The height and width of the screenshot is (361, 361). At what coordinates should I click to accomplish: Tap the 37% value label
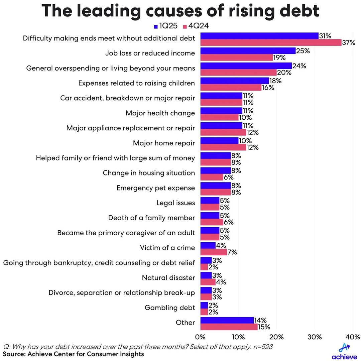(x=348, y=42)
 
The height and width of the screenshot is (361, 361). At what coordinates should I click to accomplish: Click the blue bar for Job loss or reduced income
(x=248, y=51)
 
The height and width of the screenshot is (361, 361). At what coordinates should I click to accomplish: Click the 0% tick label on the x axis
(x=200, y=336)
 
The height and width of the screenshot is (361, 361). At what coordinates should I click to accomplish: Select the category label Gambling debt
(x=170, y=308)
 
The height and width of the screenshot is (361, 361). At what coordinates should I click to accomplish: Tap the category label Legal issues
(x=175, y=203)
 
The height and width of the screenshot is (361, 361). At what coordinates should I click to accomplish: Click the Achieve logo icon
(x=344, y=347)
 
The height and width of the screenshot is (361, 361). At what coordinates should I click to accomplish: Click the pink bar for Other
(x=229, y=327)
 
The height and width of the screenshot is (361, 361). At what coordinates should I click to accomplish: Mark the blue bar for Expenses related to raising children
(x=234, y=81)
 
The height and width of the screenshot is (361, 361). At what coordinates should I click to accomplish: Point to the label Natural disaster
(x=168, y=278)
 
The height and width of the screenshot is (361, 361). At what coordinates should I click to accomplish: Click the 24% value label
(x=299, y=66)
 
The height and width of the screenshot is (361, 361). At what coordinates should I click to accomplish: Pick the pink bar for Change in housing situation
(x=211, y=177)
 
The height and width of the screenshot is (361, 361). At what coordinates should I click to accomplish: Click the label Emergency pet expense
(x=155, y=188)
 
